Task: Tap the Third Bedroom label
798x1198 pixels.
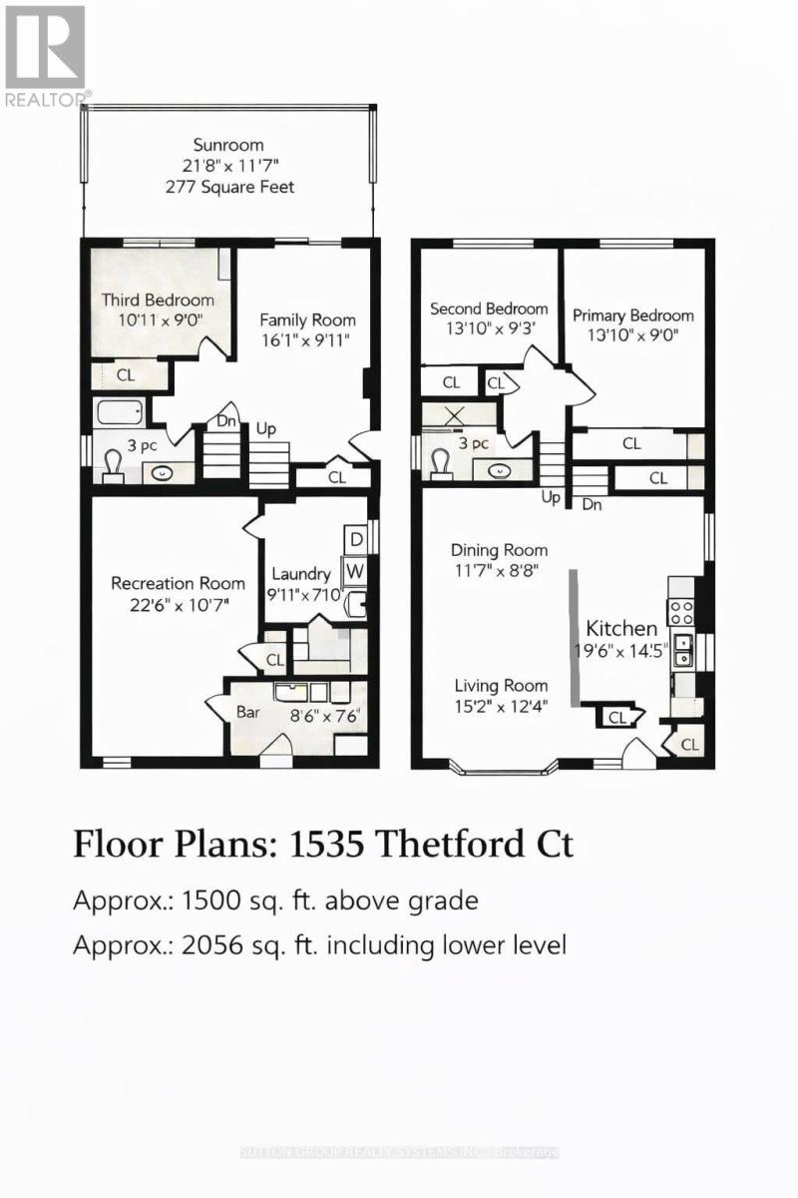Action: tap(158, 299)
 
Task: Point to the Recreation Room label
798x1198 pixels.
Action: tap(178, 583)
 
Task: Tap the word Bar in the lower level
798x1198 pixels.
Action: tap(247, 714)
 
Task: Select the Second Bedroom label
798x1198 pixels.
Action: tap(489, 308)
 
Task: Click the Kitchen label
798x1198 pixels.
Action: tap(620, 628)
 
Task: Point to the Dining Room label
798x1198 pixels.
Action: tap(499, 550)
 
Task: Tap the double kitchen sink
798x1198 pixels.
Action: tap(683, 650)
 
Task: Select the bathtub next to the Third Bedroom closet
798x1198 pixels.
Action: tap(120, 412)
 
